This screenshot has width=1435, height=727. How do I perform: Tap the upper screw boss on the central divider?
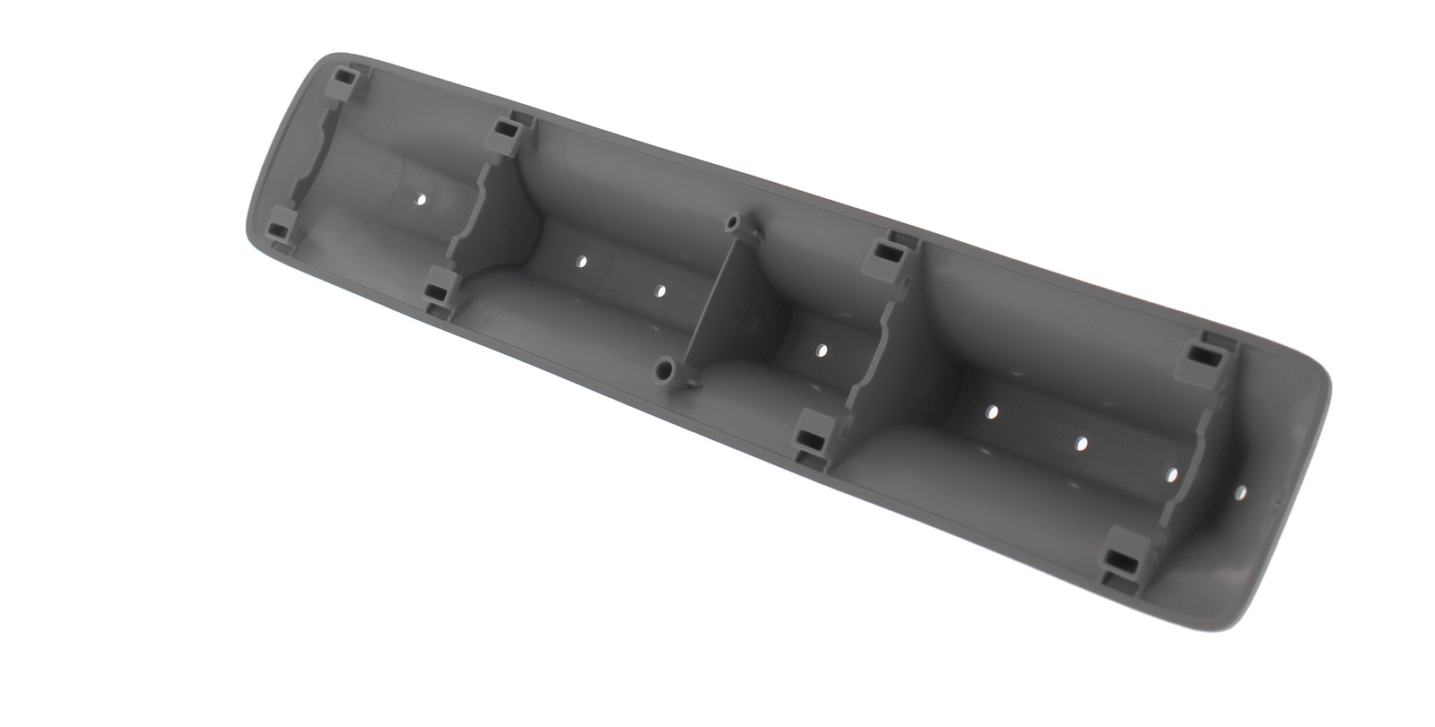[734, 221]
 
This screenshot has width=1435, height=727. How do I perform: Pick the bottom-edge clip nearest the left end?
[281, 225]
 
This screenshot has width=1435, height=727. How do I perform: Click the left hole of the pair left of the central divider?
[581, 262]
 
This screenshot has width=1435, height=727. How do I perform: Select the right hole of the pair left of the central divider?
[661, 290]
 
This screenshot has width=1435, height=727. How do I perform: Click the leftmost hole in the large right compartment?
[992, 411]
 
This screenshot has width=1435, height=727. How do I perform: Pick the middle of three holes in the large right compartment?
[1082, 443]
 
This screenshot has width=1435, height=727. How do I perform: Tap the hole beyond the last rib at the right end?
[1240, 492]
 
